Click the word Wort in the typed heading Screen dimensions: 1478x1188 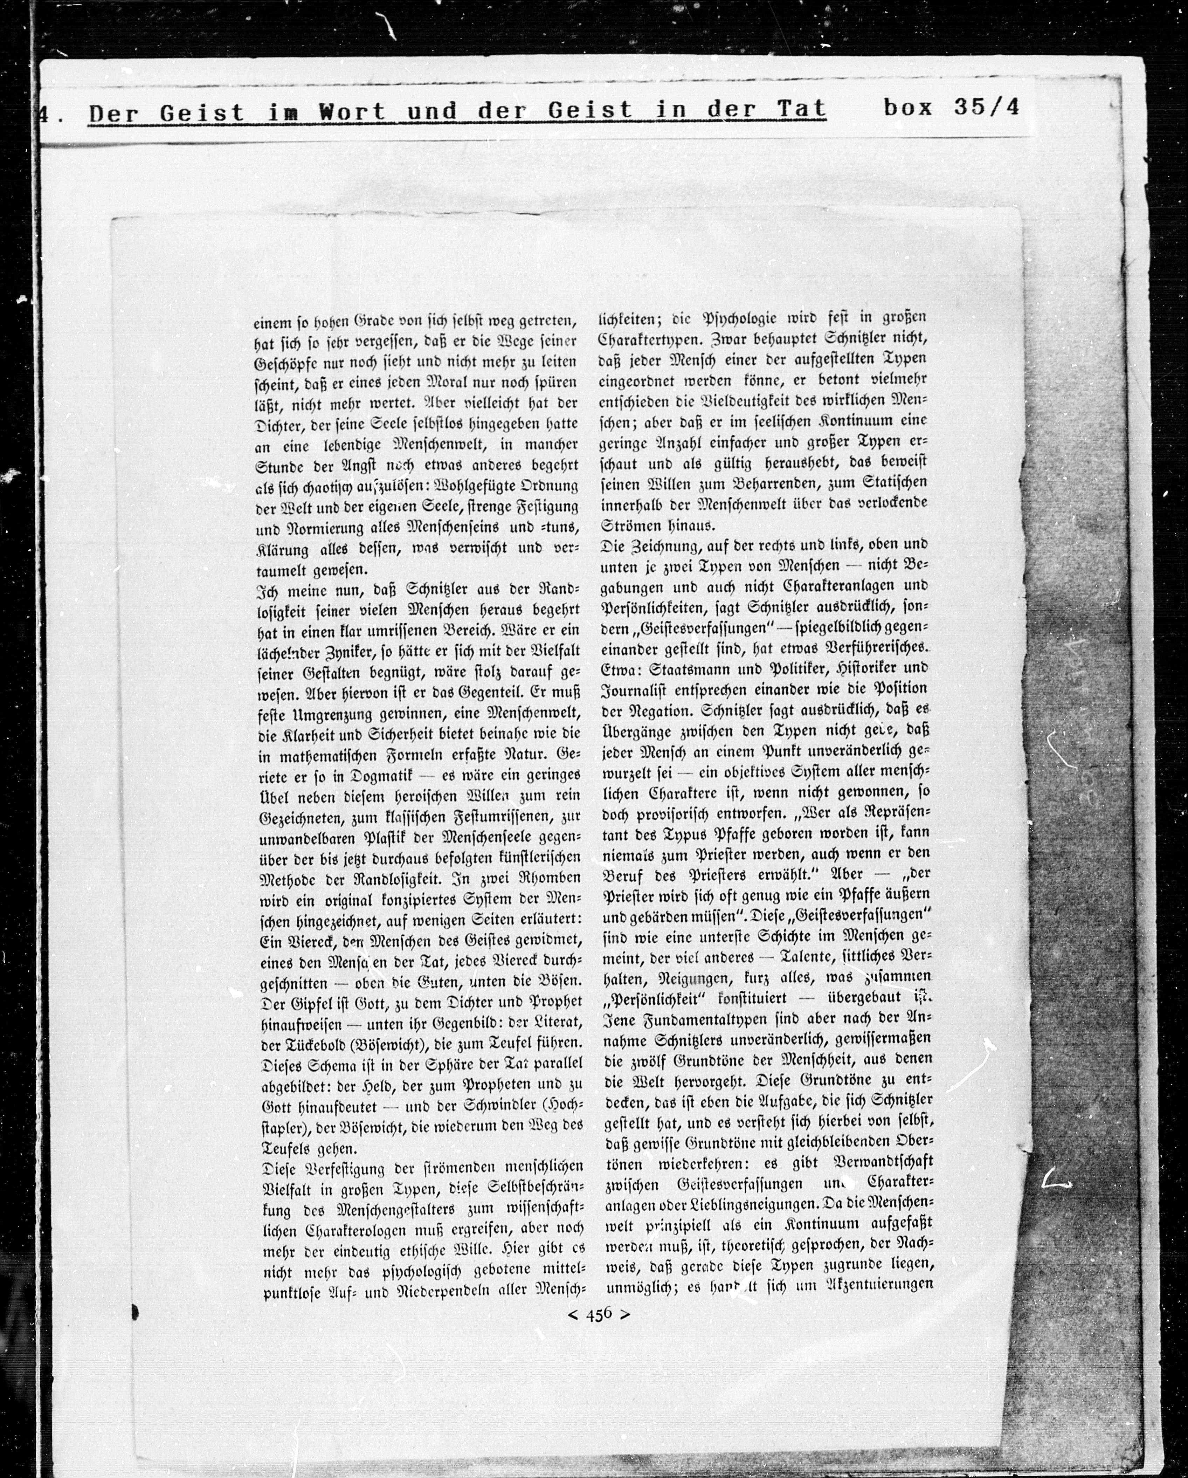tap(352, 112)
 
